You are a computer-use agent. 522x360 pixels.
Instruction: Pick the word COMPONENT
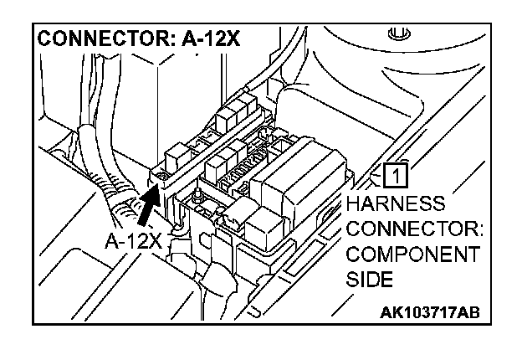(x=413, y=255)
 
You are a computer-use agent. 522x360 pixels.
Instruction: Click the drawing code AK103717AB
(x=428, y=312)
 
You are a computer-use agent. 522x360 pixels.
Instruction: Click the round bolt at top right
(x=398, y=35)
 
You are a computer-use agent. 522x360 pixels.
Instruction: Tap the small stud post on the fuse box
(x=195, y=197)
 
